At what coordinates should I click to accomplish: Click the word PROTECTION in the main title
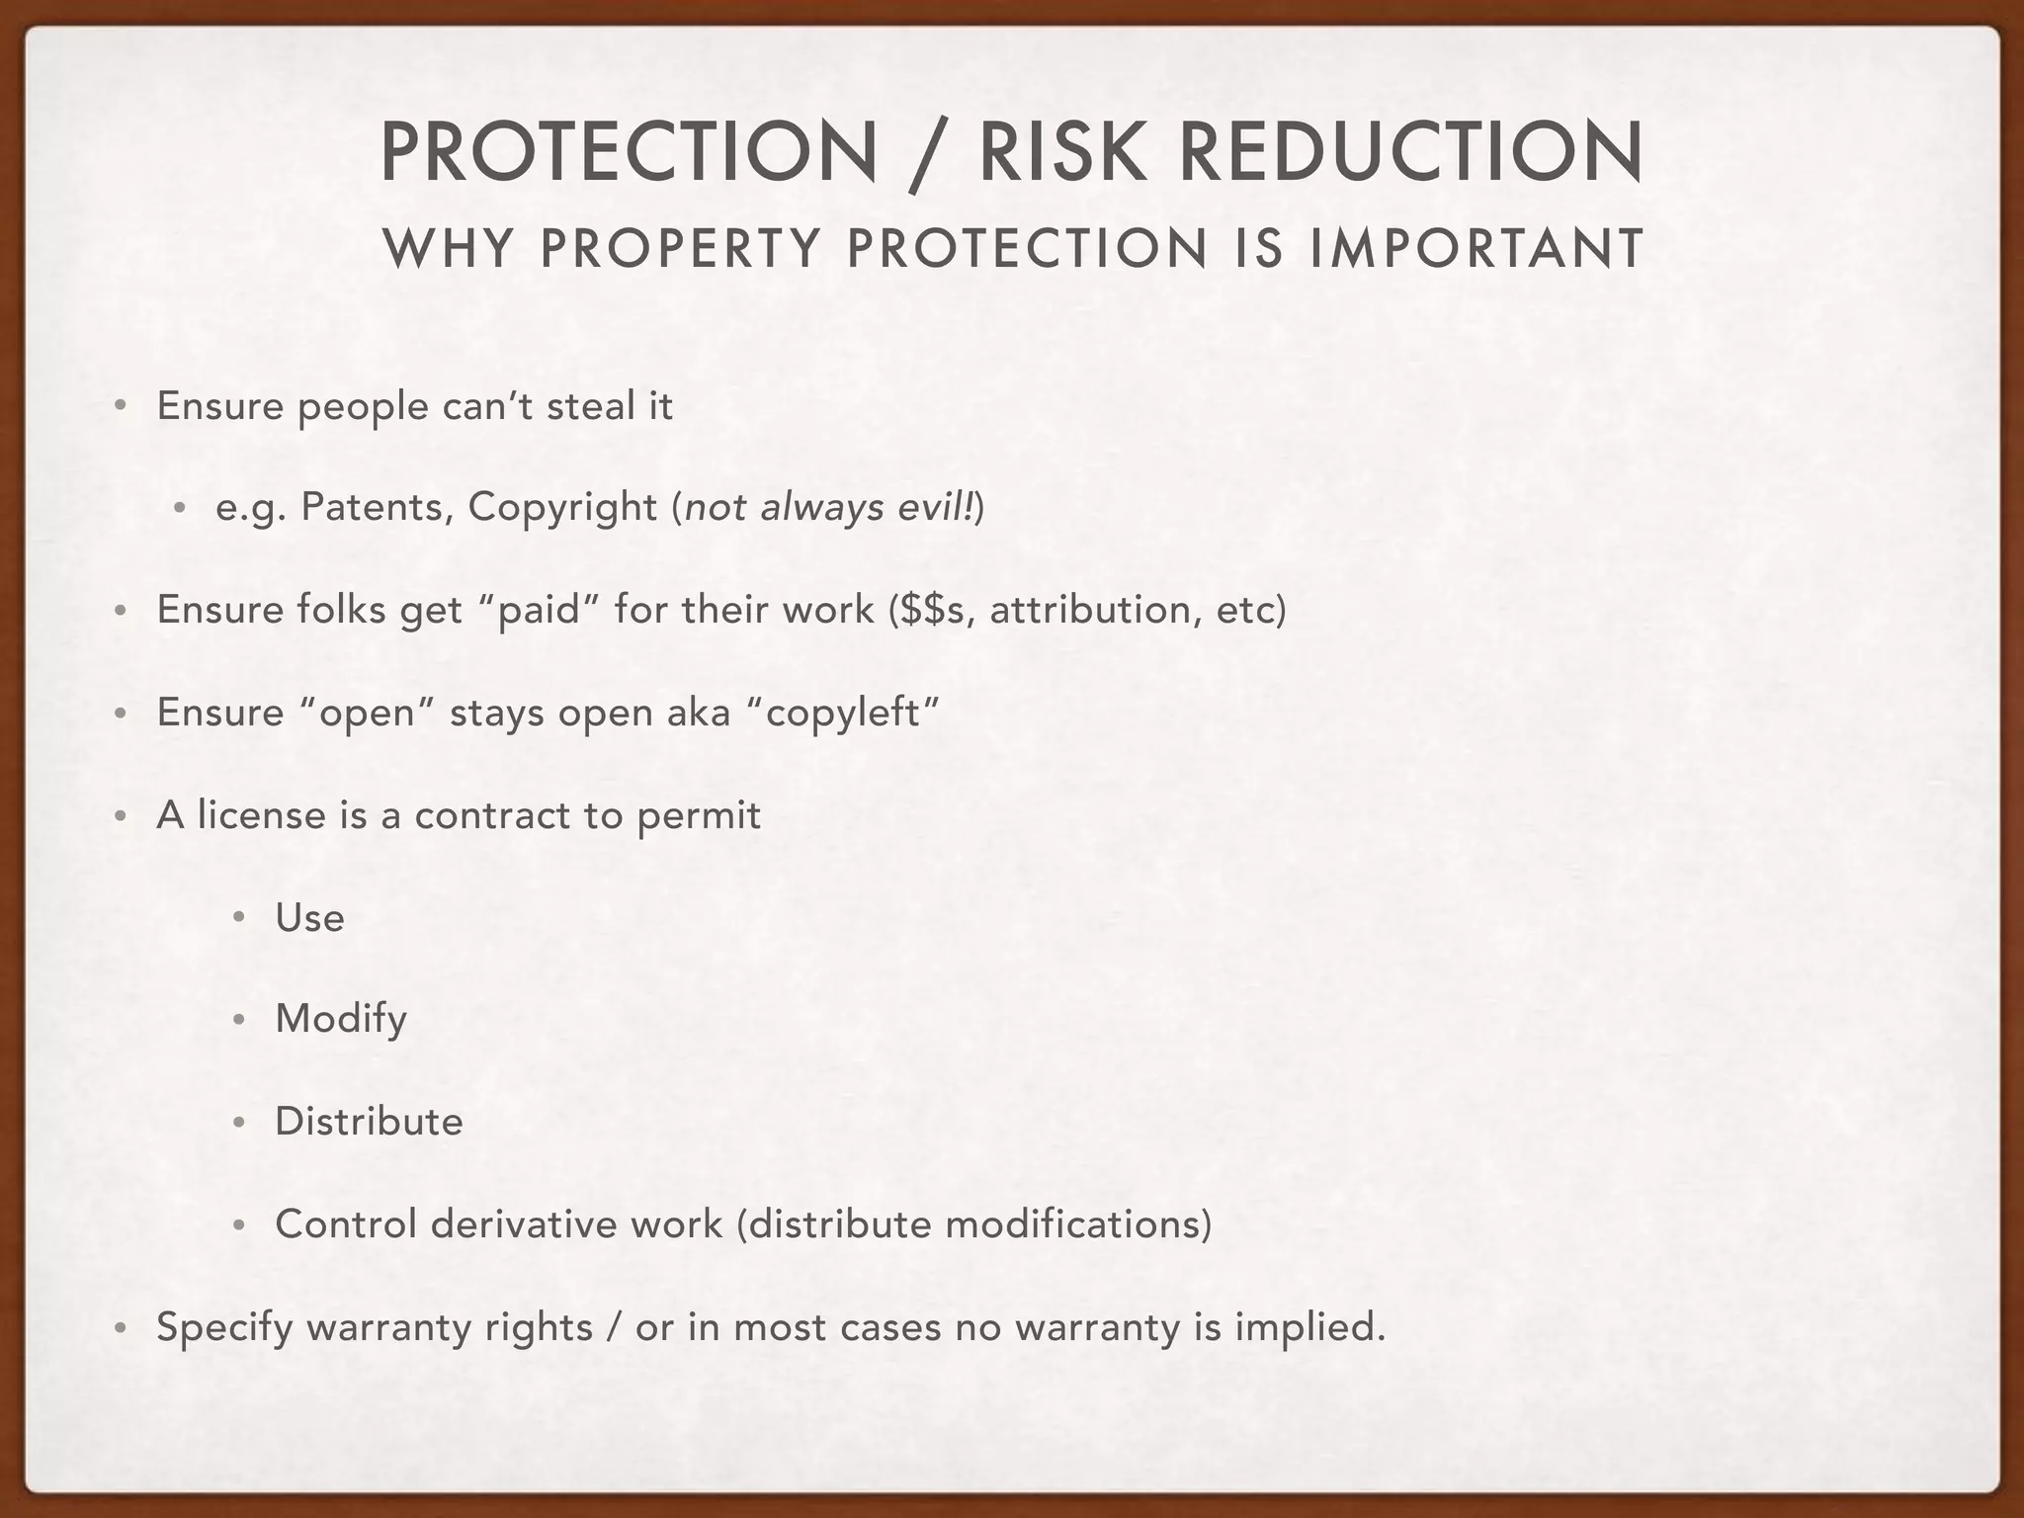click(629, 152)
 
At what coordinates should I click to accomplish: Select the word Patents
click(378, 507)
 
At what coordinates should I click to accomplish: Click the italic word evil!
click(938, 507)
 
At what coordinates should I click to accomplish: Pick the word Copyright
click(562, 507)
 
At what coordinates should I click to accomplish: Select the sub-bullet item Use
click(309, 918)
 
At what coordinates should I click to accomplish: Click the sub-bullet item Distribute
click(369, 1122)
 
